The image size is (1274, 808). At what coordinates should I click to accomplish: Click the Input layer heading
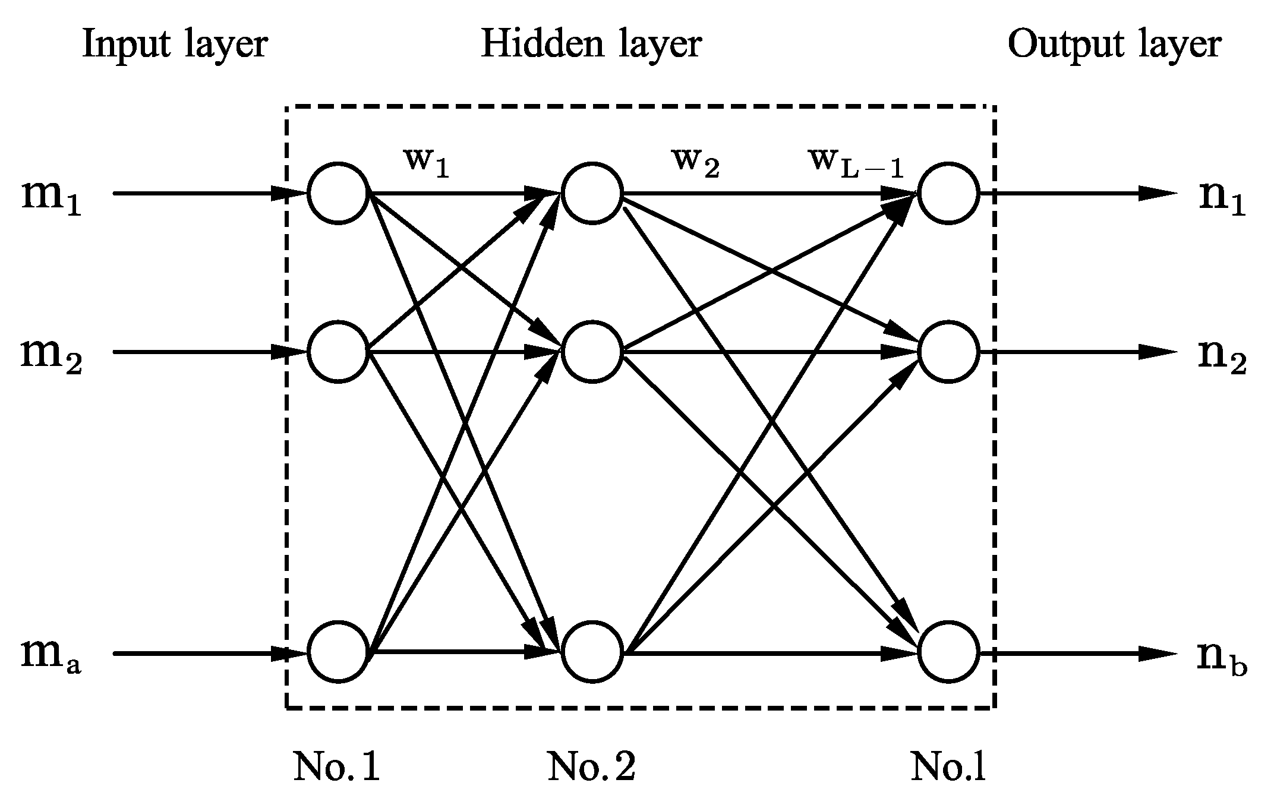[175, 45]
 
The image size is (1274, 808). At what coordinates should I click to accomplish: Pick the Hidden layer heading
[591, 45]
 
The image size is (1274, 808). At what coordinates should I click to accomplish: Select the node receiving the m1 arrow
[338, 193]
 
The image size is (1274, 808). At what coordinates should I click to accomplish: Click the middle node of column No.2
[592, 352]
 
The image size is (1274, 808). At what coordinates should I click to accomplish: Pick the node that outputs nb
[948, 652]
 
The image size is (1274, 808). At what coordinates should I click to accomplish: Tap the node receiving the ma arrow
[338, 652]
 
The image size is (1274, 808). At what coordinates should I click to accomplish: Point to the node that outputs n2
[948, 352]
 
